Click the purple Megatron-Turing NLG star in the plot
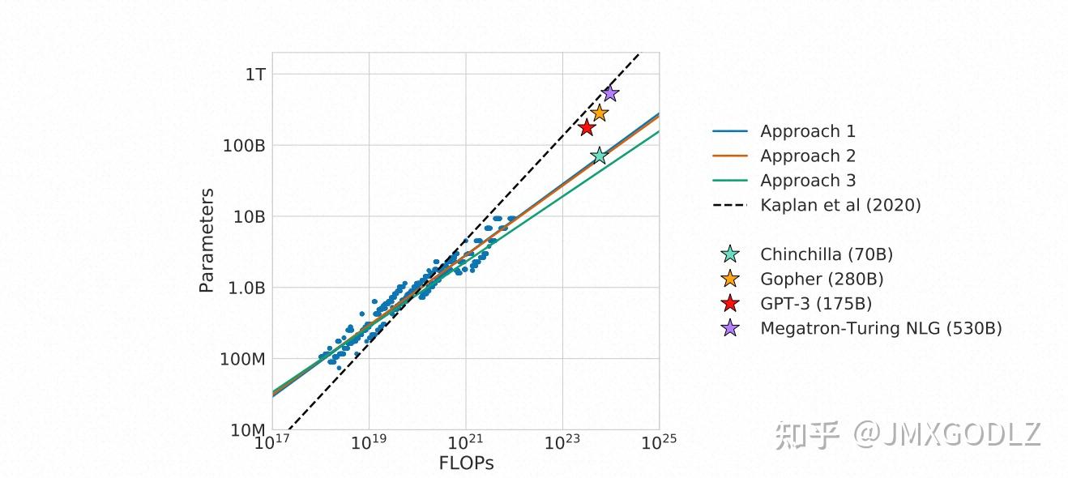coord(610,93)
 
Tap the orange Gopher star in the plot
coord(599,113)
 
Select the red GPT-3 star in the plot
coord(587,127)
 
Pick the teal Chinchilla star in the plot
coord(599,156)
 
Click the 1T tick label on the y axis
coord(256,75)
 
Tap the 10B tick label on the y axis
coord(249,216)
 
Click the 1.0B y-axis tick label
coord(246,288)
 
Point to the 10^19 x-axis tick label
coord(369,442)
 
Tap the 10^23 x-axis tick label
coord(562,442)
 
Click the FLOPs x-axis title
coord(466,463)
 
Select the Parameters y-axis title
coord(207,241)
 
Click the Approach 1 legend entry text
coord(807,131)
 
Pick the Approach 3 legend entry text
coord(807,181)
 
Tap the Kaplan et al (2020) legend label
coord(840,205)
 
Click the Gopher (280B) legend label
coord(822,279)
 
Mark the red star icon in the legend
coord(730,304)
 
